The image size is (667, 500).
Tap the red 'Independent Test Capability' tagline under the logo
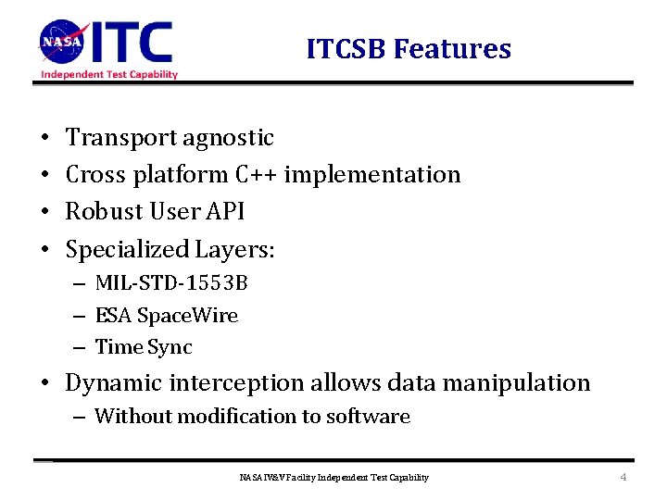[x=109, y=74]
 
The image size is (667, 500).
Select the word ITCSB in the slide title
[x=346, y=49]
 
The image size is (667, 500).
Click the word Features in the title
[x=452, y=49]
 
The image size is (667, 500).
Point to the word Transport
[x=121, y=138]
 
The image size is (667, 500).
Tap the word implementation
[x=372, y=174]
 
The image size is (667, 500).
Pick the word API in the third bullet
[x=226, y=211]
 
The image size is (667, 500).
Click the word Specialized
[x=127, y=249]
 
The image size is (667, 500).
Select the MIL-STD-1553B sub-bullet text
[x=171, y=283]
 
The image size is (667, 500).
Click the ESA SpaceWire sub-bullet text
[x=167, y=316]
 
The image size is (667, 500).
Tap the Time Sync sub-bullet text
[x=145, y=347]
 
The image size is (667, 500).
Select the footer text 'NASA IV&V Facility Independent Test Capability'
[x=333, y=478]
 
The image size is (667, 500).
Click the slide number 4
[x=623, y=478]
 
